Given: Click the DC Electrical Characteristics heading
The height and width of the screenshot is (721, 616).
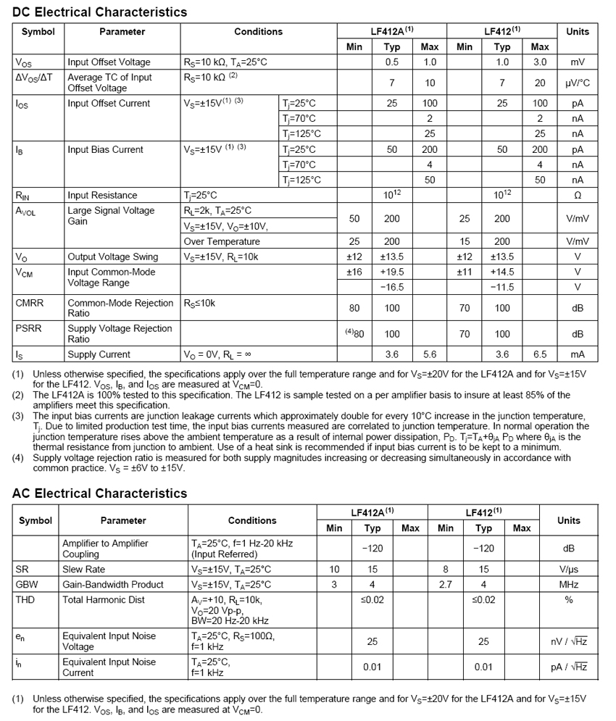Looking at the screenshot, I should [99, 12].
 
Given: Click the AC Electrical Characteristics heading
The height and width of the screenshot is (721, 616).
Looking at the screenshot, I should [99, 493].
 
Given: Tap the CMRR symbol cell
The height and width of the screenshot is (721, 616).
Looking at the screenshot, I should [30, 303].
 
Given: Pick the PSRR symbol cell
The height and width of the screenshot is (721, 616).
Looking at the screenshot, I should [29, 328].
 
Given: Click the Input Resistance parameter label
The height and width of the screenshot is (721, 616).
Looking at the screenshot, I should [102, 196].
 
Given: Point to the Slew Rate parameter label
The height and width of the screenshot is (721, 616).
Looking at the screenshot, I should [83, 570].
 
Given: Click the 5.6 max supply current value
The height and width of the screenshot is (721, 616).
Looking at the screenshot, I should [430, 355].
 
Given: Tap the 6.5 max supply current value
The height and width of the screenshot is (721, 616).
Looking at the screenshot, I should [540, 355].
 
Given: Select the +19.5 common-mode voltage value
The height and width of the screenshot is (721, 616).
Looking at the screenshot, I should [391, 272].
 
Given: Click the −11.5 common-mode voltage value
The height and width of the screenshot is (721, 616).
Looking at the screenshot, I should [501, 288].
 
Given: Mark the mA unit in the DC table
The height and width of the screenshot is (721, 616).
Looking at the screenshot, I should [578, 355].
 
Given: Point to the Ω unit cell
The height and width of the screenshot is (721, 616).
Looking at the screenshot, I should [578, 196].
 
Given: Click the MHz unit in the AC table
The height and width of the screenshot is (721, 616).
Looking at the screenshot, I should [569, 585].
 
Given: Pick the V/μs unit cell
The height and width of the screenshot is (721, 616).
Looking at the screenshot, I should [569, 570].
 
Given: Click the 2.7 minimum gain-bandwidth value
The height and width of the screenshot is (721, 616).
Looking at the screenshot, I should [446, 585].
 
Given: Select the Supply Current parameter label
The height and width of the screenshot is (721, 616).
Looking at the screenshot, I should [99, 355].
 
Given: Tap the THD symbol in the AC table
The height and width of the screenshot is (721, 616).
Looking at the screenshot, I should [25, 600].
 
